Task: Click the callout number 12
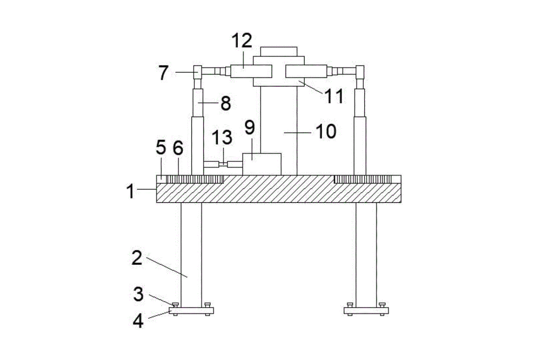tap(242, 41)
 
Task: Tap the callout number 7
tap(163, 73)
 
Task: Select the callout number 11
tap(335, 96)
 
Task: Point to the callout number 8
tap(226, 103)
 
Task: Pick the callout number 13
tap(222, 137)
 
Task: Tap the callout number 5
tap(161, 148)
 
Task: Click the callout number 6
tap(178, 148)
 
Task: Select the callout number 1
tap(131, 191)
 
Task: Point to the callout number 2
tap(137, 258)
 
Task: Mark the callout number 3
tap(138, 294)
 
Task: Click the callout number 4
tap(138, 321)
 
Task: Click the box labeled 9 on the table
tap(262, 164)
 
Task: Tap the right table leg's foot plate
tap(367, 311)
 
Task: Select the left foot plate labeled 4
tap(192, 311)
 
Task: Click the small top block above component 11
tap(278, 51)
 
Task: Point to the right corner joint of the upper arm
tap(360, 72)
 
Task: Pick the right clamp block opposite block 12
tap(306, 71)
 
